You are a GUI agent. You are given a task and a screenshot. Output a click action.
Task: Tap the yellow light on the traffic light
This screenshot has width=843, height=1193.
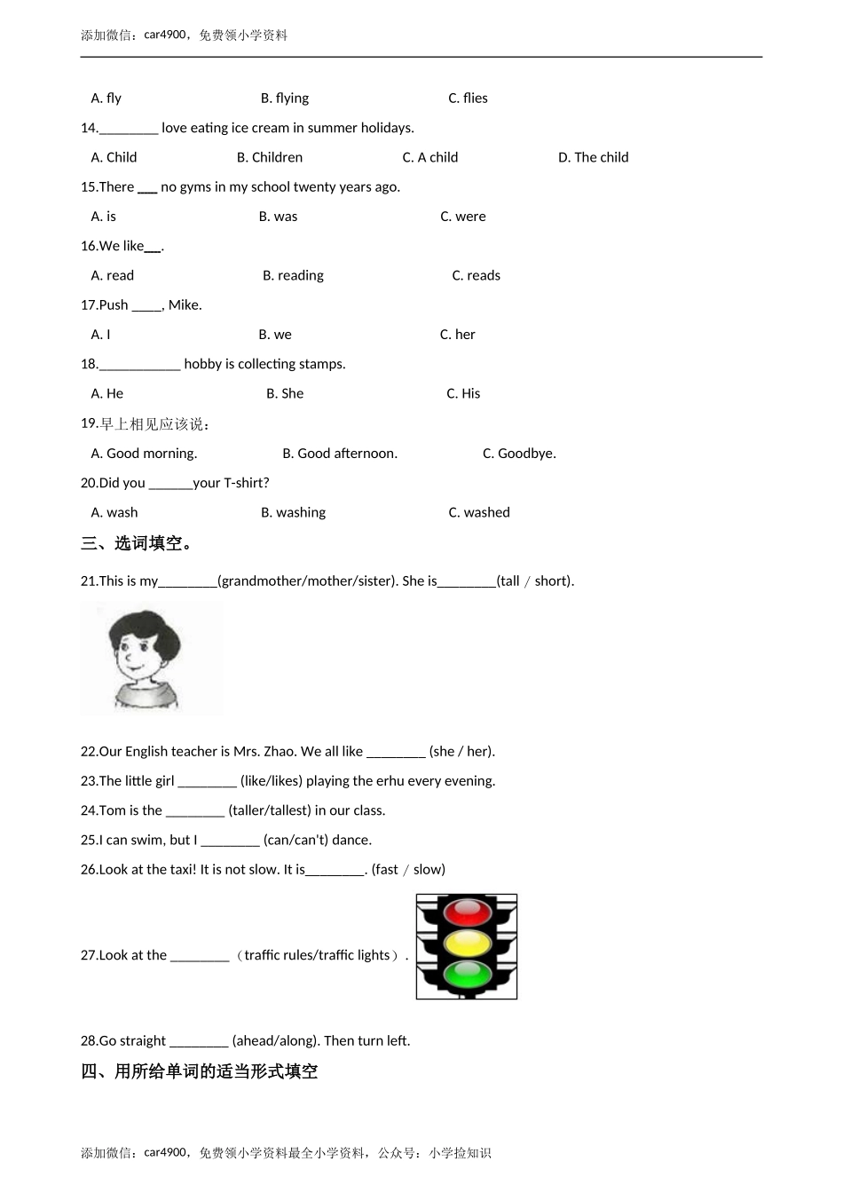pos(467,944)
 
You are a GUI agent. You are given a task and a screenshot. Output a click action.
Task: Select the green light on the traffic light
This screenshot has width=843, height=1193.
pos(467,975)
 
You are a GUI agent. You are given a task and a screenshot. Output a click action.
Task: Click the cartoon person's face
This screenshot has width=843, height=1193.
pos(141,656)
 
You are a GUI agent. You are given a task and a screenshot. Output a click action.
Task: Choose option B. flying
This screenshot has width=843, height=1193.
pos(285,98)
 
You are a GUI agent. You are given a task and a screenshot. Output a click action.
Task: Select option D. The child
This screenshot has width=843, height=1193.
pos(593,157)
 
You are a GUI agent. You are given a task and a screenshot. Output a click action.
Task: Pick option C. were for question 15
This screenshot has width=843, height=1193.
pos(462,217)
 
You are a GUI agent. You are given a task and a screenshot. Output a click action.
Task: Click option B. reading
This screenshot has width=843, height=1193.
pos(293,275)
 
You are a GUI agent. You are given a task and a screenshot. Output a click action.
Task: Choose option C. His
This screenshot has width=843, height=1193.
pos(463,393)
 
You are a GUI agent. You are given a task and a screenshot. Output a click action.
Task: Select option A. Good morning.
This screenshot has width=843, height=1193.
pos(144,454)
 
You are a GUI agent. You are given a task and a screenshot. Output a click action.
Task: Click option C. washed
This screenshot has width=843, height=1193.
pos(479,512)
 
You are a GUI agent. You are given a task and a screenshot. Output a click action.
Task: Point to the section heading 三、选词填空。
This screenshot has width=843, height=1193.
pos(138,543)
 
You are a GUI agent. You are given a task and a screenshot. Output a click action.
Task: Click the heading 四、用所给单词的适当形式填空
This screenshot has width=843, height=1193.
pos(199,1071)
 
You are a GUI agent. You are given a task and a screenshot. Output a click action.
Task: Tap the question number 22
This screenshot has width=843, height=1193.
pos(89,752)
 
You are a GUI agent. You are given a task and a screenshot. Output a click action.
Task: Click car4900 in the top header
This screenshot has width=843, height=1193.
pos(165,36)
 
